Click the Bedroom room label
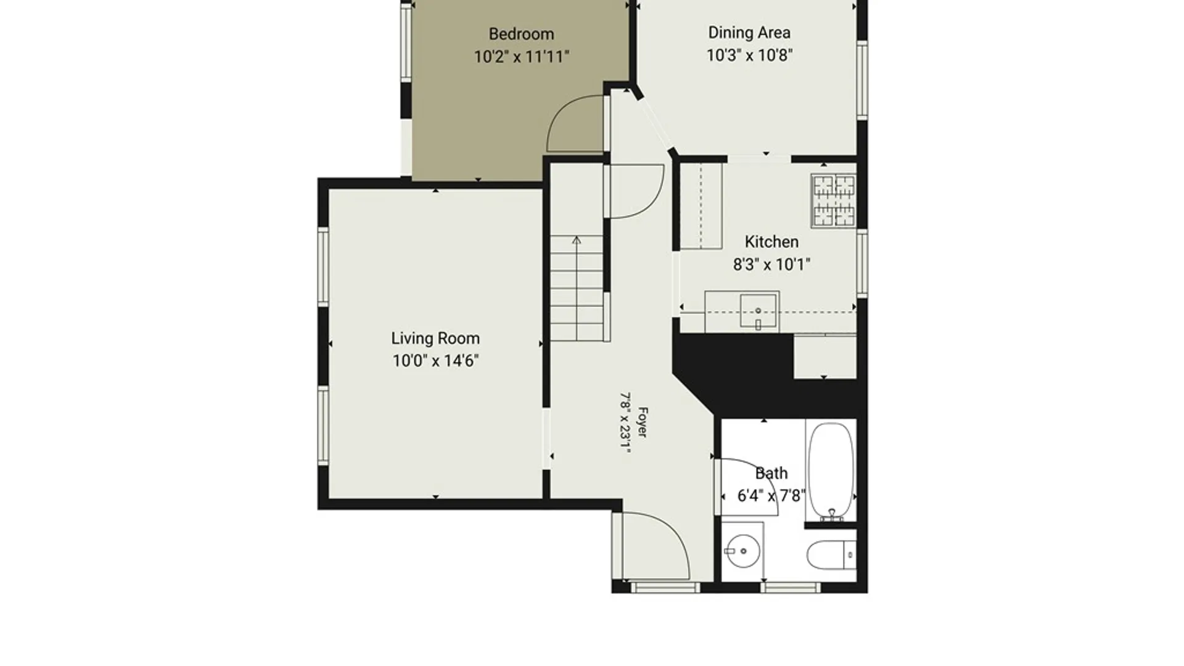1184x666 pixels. point(521,34)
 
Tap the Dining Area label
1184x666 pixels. point(749,33)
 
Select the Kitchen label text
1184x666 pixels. point(771,242)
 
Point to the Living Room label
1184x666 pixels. point(435,339)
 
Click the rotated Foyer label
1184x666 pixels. point(642,422)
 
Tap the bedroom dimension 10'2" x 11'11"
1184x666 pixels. point(521,57)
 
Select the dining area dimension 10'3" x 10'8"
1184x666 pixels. point(749,55)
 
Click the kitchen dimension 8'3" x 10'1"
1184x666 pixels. point(771,265)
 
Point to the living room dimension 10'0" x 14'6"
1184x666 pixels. point(435,361)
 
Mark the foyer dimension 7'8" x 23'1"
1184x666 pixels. point(625,423)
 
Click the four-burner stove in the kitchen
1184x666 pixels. point(834,200)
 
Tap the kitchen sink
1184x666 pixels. point(758,312)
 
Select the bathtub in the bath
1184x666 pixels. point(831,471)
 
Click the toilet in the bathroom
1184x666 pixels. point(831,555)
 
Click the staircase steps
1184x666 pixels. point(577,288)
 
